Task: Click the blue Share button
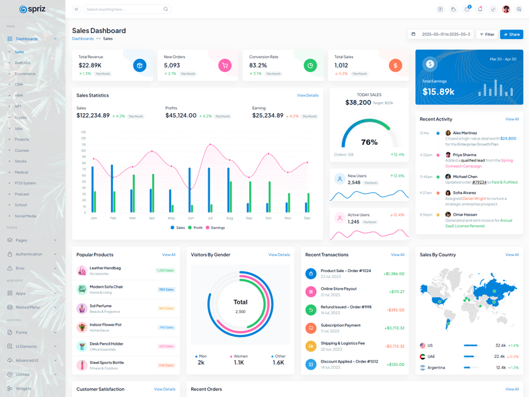click(512, 34)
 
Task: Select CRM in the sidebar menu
click(19, 85)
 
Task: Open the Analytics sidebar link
click(22, 63)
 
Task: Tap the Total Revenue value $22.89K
click(90, 66)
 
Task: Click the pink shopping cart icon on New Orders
click(225, 66)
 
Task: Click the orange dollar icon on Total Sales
click(395, 66)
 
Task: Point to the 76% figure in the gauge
click(369, 142)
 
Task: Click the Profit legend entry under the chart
click(196, 228)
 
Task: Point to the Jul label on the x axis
click(210, 218)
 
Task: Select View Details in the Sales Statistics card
click(307, 95)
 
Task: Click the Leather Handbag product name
click(105, 268)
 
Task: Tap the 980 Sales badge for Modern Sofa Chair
click(165, 289)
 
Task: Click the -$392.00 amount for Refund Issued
click(395, 310)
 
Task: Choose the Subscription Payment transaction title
click(341, 325)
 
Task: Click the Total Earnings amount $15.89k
click(438, 92)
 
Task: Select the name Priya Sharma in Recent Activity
click(464, 155)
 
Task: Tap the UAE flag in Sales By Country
click(423, 357)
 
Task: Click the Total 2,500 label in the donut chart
click(240, 306)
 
